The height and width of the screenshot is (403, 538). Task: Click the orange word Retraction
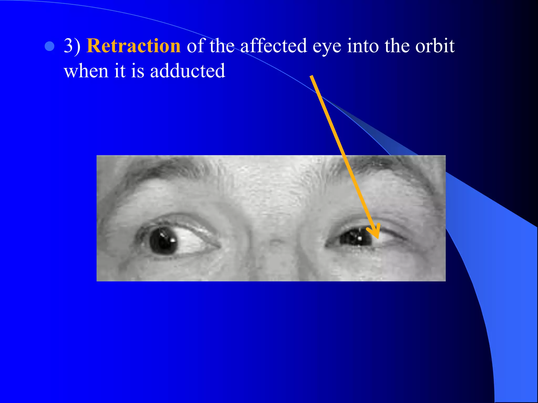tap(133, 46)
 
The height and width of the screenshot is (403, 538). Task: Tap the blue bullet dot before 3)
tap(49, 46)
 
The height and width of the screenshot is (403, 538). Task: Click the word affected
tap(273, 46)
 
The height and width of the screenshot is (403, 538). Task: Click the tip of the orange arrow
tap(377, 238)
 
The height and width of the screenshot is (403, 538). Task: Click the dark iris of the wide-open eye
tap(163, 241)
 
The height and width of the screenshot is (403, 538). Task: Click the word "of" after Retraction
tap(195, 46)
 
